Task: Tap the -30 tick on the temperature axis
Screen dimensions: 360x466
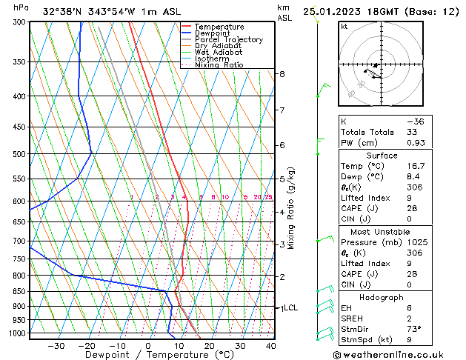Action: [56, 345]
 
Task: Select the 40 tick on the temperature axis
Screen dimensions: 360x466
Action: [271, 345]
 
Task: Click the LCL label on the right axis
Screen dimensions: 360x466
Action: [290, 307]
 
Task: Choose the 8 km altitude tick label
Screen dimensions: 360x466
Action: [282, 74]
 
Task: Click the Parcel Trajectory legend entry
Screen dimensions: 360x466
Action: [228, 40]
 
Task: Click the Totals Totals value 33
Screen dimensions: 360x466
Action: [413, 132]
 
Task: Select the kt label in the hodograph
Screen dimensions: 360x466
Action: [344, 27]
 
